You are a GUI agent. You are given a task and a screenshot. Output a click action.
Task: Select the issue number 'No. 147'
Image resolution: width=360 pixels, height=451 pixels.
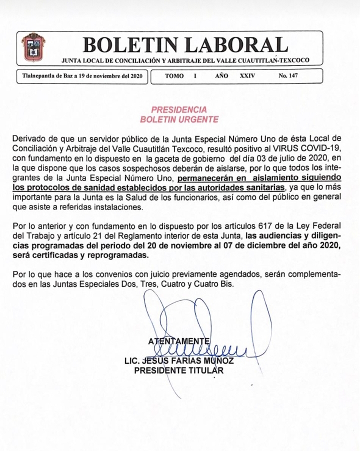tap(288, 76)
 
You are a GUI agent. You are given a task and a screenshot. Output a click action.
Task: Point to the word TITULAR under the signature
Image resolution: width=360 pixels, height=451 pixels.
tap(204, 370)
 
